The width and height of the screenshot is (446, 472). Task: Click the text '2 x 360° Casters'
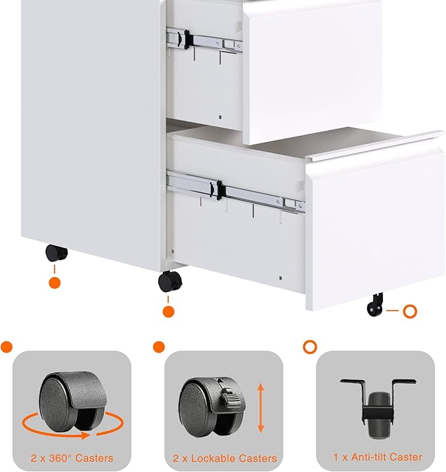tap(72, 458)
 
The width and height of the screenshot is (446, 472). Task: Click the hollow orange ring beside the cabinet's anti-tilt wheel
tap(410, 311)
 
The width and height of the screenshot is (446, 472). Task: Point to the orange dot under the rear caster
tap(55, 283)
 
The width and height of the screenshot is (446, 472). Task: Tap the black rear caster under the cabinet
tap(56, 253)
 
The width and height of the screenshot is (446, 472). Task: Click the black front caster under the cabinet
tap(169, 282)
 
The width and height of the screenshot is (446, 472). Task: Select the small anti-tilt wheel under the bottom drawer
tap(376, 305)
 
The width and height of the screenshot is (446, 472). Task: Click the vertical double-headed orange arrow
tap(261, 409)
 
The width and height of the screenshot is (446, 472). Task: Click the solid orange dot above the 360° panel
tap(7, 347)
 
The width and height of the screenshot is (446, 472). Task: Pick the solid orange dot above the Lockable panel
tap(158, 347)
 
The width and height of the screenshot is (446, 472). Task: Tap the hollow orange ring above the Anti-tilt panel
tap(309, 347)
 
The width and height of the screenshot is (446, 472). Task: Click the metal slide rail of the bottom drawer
tap(236, 192)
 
